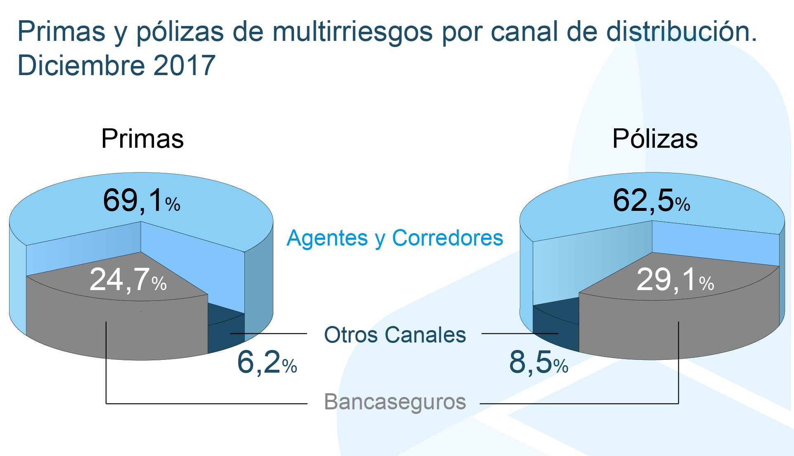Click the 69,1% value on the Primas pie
tap(141, 201)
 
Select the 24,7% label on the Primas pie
tap(128, 280)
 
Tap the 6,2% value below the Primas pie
tap(267, 363)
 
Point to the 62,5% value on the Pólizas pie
tap(651, 201)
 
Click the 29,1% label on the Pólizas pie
tap(675, 280)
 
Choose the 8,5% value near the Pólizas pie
tap(538, 363)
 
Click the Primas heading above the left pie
tap(142, 139)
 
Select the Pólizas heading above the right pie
tap(655, 139)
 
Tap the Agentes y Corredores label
tap(395, 238)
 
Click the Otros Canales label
tap(395, 335)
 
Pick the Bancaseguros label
tap(395, 402)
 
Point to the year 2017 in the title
tap(184, 65)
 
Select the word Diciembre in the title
tap(81, 65)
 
